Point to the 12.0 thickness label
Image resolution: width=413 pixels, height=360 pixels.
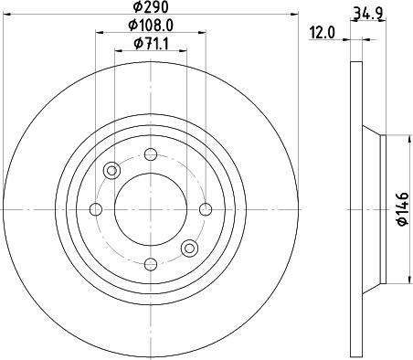pyautogui.click(x=323, y=32)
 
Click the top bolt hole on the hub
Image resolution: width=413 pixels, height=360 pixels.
pyautogui.click(x=151, y=154)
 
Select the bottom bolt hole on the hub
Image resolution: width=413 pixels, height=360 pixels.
pyautogui.click(x=151, y=264)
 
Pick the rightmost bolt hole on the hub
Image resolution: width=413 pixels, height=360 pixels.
pyautogui.click(x=206, y=209)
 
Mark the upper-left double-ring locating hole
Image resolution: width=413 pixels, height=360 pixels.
pyautogui.click(x=112, y=170)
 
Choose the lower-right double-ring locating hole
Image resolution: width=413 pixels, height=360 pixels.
pyautogui.click(x=189, y=248)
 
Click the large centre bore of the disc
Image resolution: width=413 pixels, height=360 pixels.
pyautogui.click(x=151, y=209)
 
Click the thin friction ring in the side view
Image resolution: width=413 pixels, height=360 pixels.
pyautogui.click(x=355, y=209)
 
